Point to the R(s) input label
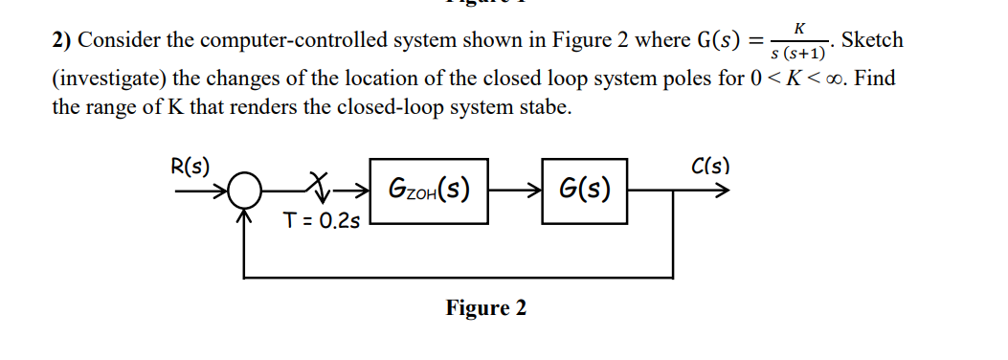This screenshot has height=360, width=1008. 190,164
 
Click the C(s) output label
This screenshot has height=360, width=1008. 709,165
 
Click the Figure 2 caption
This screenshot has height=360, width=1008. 485,308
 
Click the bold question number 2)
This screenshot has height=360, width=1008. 61,41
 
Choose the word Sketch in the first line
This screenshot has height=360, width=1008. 871,39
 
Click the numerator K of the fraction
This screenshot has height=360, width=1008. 797,29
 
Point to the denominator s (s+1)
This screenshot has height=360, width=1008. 798,52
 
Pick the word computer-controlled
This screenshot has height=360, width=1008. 301,41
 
